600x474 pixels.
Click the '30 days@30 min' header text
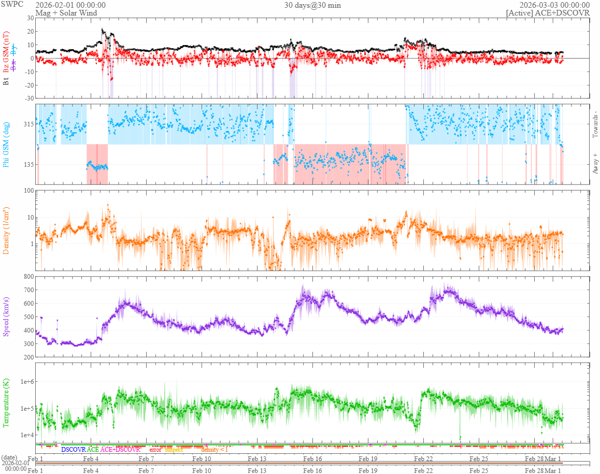click(312, 5)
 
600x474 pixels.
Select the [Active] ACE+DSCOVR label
click(548, 12)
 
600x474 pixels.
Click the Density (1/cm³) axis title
click(6, 230)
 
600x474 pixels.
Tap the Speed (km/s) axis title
click(6, 317)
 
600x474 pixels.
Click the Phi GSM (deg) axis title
click(6, 144)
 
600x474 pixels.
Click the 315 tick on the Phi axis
click(28, 124)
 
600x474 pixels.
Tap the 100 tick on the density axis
click(28, 191)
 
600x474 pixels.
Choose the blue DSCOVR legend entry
click(74, 450)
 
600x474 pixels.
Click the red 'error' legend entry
click(155, 450)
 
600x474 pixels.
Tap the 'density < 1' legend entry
click(215, 450)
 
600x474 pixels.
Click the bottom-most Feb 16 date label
click(312, 470)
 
